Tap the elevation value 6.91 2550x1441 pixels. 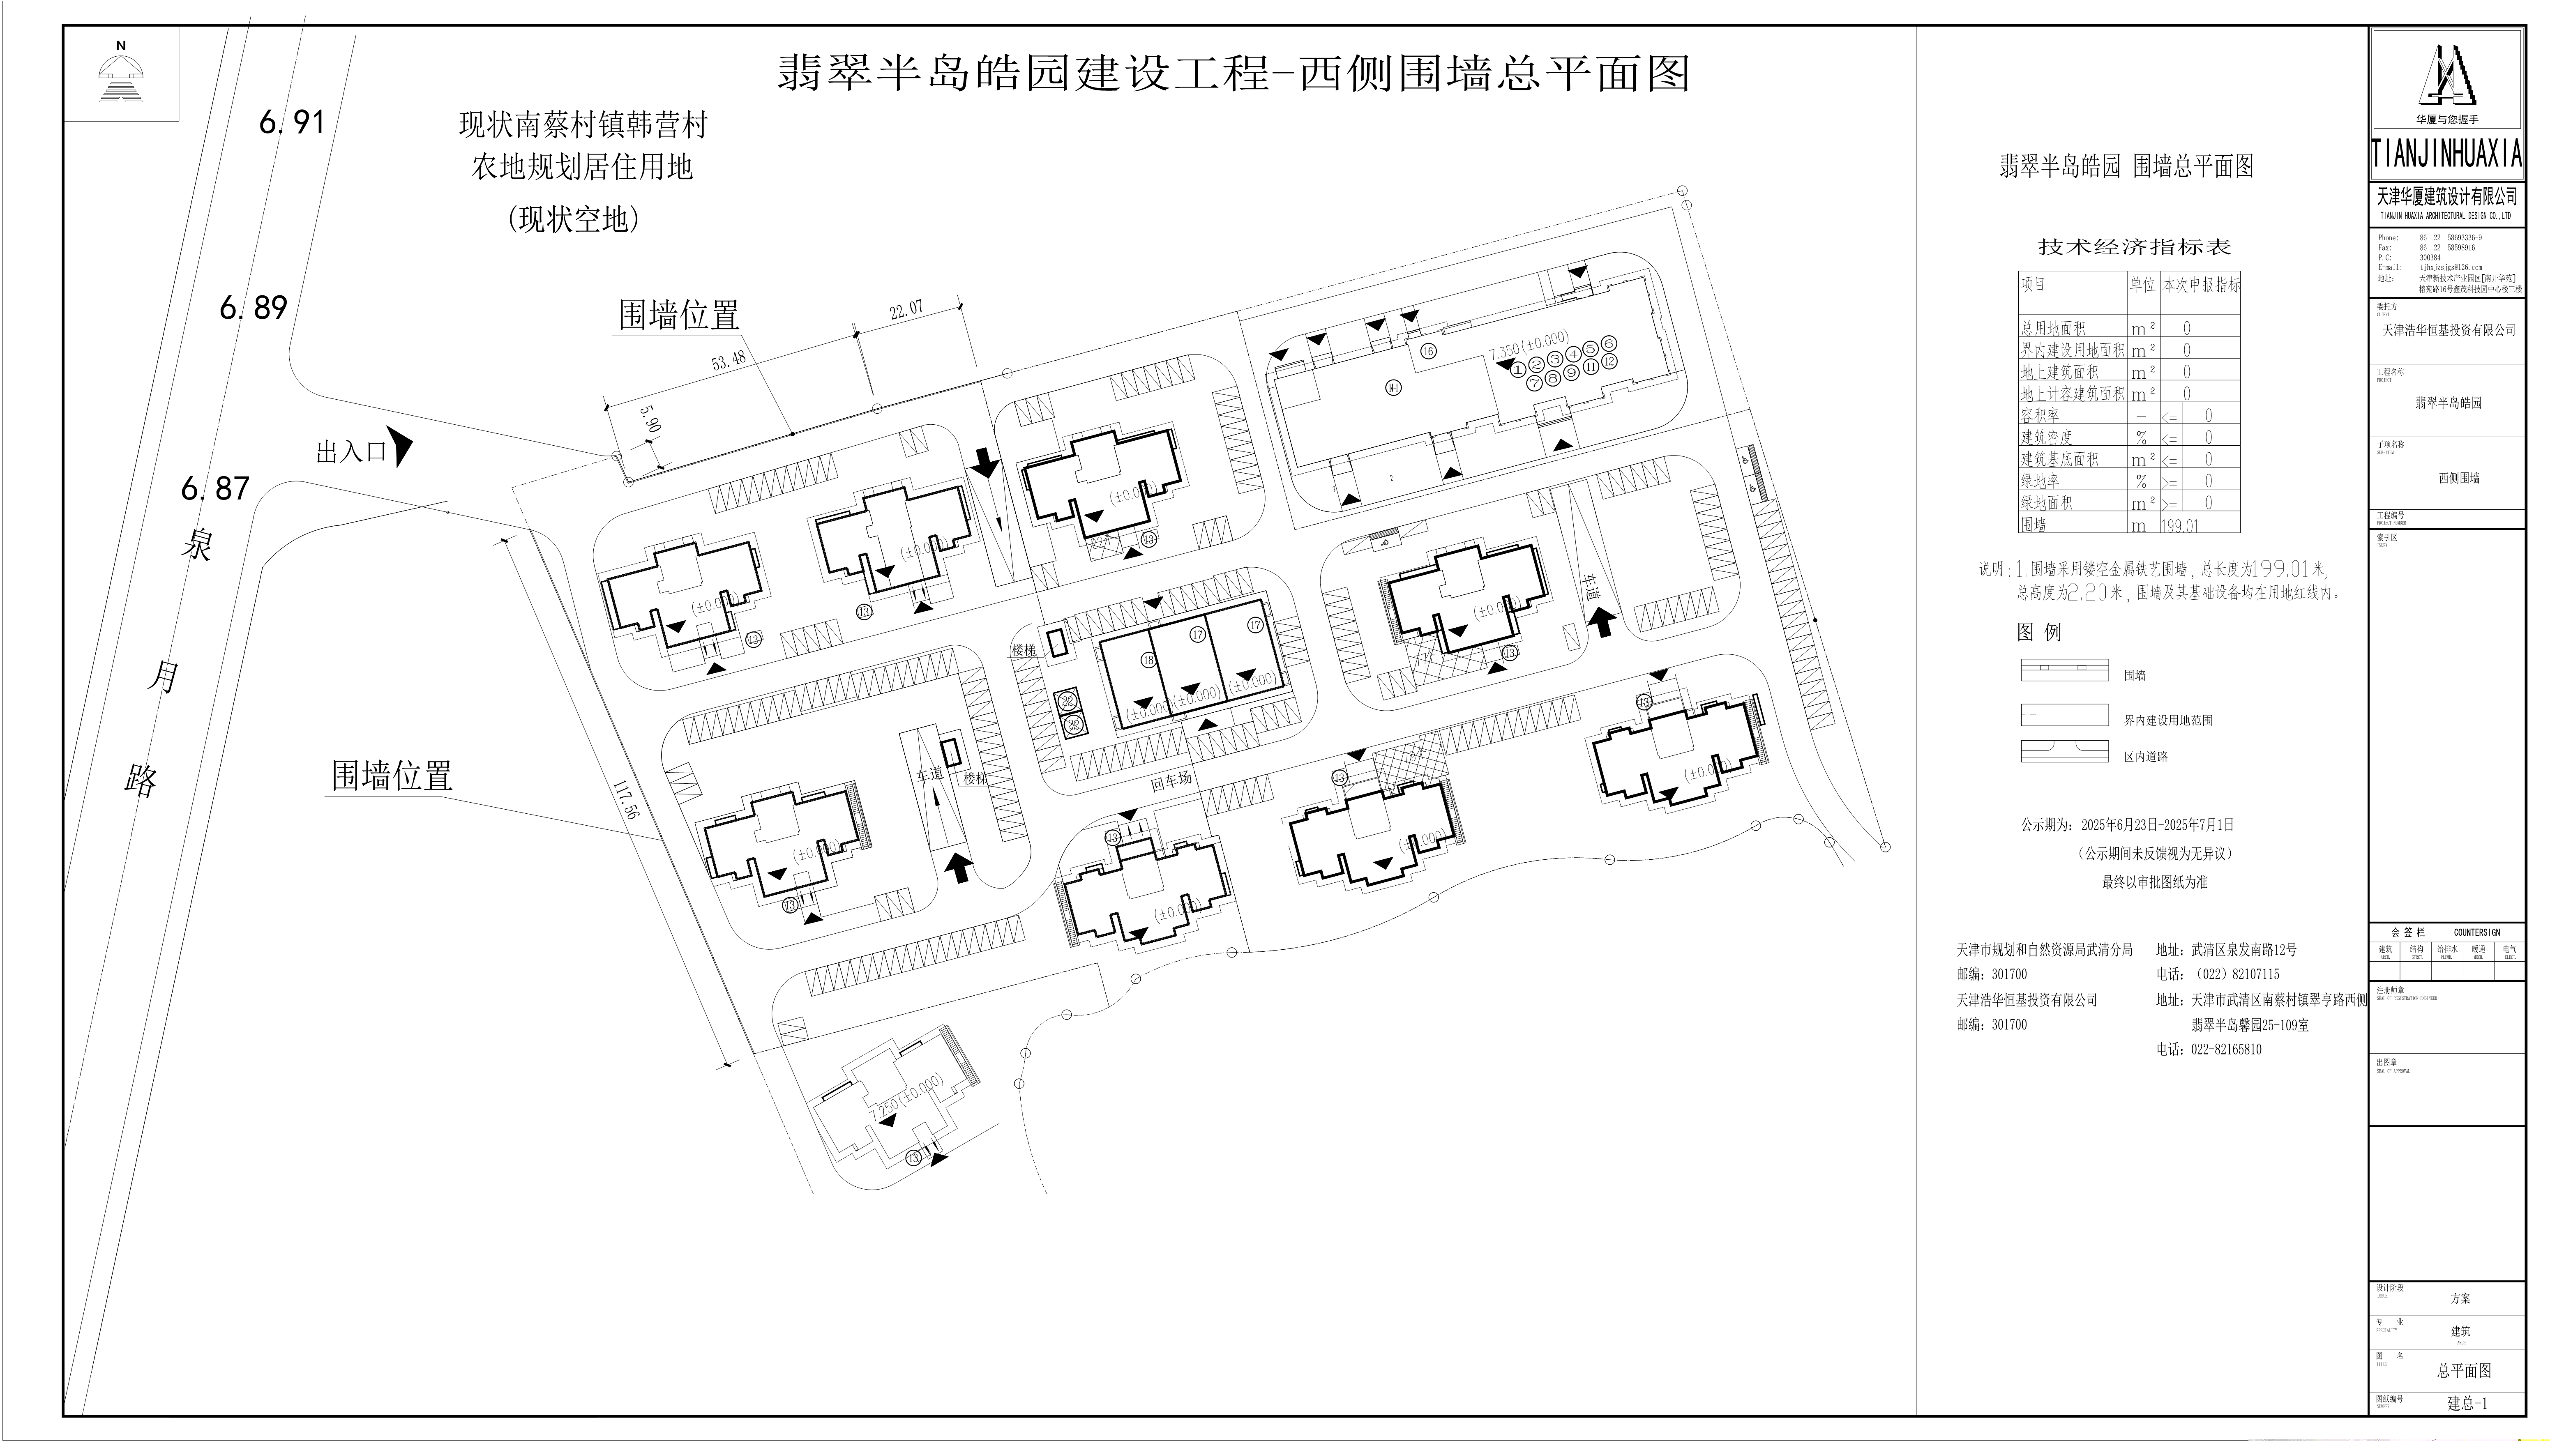292,122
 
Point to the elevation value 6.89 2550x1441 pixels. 254,308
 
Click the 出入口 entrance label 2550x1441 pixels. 350,452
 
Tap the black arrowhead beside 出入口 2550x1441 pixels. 402,447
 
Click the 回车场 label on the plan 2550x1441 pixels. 1171,781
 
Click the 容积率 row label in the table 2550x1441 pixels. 2039,416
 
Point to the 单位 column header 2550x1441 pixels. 2142,285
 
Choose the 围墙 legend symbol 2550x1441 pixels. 2064,670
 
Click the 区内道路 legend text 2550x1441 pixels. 2145,756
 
